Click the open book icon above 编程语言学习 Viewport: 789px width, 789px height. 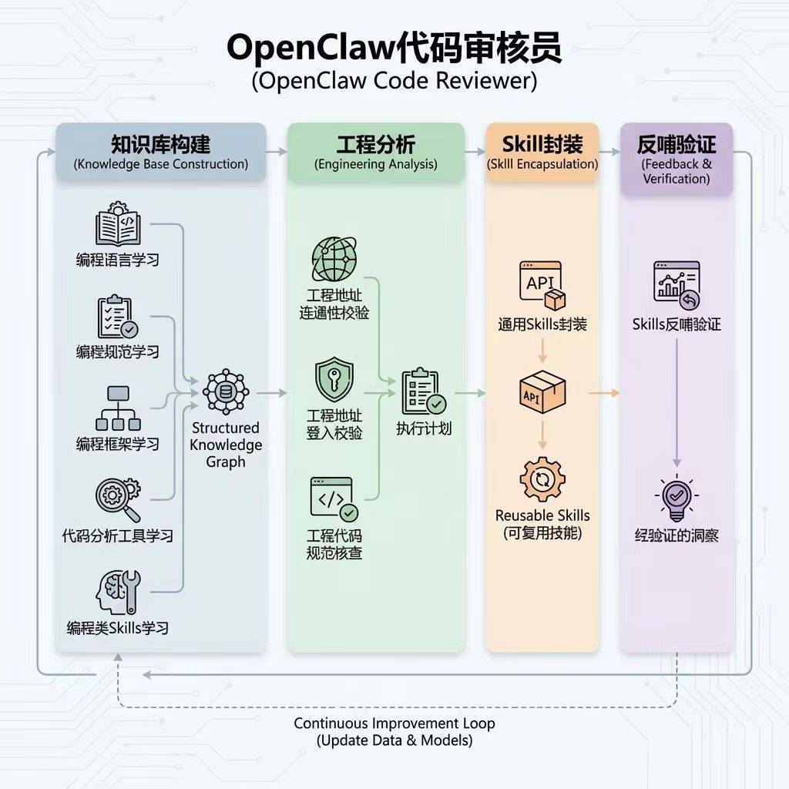[x=118, y=224]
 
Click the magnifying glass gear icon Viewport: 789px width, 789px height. [x=118, y=499]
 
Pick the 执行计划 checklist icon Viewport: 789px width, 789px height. [x=423, y=393]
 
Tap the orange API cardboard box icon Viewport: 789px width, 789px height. [x=542, y=393]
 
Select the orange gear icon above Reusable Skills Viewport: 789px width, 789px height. [x=542, y=479]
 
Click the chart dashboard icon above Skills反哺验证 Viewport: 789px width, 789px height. [x=677, y=282]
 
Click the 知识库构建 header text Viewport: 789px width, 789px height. [x=160, y=145]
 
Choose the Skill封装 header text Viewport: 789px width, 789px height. [x=542, y=144]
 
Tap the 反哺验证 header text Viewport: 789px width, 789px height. [x=677, y=144]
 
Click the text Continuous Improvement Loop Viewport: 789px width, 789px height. [x=394, y=724]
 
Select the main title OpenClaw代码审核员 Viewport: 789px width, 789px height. [x=394, y=48]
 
